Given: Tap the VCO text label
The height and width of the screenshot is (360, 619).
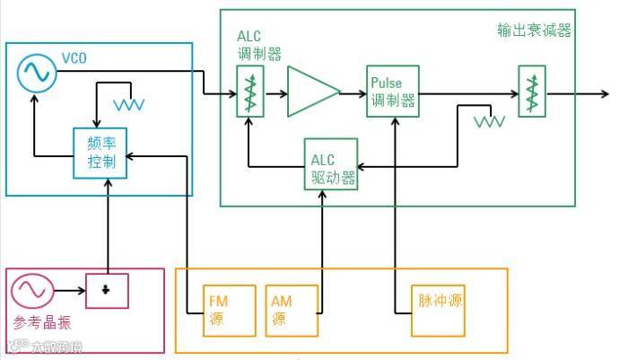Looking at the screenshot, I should (x=74, y=59).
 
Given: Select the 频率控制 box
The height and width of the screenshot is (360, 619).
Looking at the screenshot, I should (x=100, y=152).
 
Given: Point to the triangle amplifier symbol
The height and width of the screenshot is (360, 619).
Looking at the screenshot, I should (x=312, y=92).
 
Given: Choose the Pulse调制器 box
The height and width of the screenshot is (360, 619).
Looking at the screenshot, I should (x=393, y=92).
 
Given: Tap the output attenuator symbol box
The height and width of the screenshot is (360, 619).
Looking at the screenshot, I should (x=532, y=92).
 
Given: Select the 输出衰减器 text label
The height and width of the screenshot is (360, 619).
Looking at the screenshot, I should (x=534, y=31).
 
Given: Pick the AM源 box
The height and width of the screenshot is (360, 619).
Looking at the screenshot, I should (x=286, y=311).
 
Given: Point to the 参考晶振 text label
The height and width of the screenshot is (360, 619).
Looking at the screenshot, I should (x=40, y=322).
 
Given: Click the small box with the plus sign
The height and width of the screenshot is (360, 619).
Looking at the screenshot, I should (x=108, y=290).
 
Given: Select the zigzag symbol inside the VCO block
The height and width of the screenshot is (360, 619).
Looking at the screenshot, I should (x=131, y=104).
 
